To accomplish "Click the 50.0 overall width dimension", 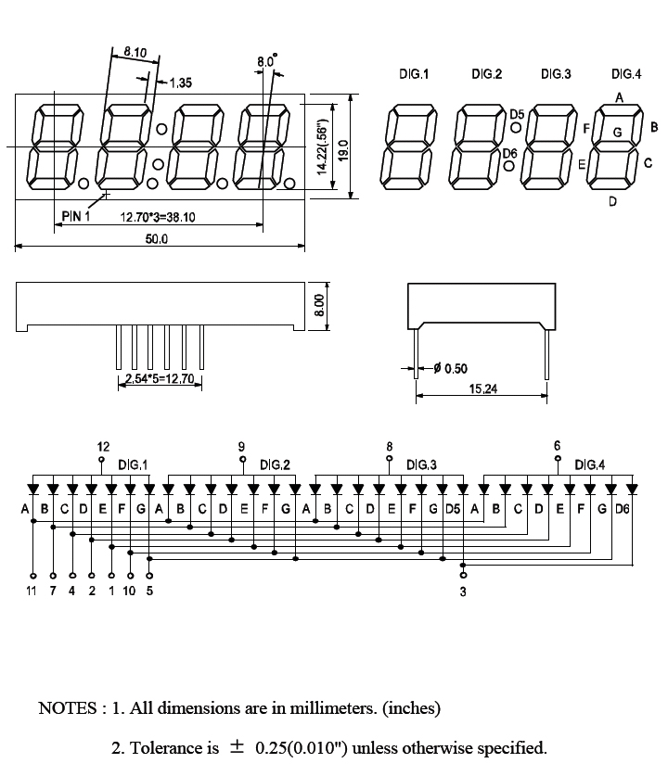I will pos(158,238).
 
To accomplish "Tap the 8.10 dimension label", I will pos(135,53).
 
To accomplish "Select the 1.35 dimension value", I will pos(180,83).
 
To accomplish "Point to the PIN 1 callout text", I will pos(76,216).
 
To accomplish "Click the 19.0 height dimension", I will pos(342,148).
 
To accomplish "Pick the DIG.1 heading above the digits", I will pos(414,74).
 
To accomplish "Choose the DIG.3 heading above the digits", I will pos(556,74).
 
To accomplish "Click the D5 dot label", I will pos(517,114).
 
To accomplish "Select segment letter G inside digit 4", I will pos(617,133).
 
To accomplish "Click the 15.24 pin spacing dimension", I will pos(483,389).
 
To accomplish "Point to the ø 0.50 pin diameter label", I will pos(451,369).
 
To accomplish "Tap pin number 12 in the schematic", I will pos(103,447).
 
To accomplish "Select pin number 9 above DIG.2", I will pos(242,447).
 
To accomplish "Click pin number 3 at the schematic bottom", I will pos(463,592).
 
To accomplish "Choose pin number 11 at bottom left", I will pos(32,591).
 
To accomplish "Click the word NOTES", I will pos(66,709).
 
